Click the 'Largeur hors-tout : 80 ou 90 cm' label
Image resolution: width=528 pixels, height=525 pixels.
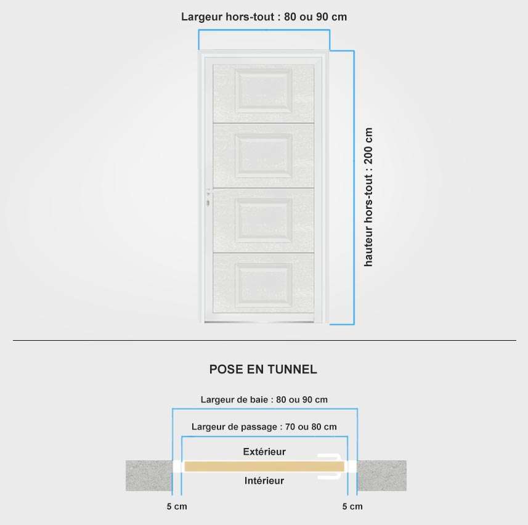[264, 17]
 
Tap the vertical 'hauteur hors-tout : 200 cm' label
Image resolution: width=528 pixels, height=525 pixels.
[368, 197]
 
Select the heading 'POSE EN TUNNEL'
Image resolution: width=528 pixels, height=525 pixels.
[263, 370]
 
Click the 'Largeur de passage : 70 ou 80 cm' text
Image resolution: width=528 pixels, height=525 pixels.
[264, 427]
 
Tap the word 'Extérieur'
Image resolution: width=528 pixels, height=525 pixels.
[264, 452]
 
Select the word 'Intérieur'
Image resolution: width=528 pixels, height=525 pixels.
[264, 481]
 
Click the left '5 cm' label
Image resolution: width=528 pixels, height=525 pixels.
[177, 507]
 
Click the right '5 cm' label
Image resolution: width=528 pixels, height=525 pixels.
[352, 507]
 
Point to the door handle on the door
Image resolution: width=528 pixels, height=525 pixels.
[208, 198]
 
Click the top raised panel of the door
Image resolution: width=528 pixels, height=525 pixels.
[264, 91]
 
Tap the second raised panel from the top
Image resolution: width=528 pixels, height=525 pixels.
[264, 155]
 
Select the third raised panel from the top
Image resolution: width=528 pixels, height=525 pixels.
[264, 221]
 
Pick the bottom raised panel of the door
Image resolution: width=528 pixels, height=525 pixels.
[264, 285]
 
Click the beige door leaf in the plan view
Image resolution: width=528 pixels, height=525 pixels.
[264, 466]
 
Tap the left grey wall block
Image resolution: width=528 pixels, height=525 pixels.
[149, 476]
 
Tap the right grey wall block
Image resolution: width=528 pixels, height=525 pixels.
[382, 476]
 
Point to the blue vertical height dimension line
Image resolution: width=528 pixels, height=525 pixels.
[354, 187]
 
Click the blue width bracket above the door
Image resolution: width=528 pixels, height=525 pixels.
[264, 30]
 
